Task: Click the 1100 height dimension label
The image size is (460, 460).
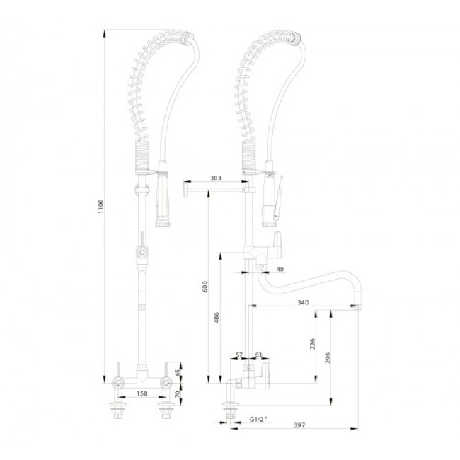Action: (x=101, y=207)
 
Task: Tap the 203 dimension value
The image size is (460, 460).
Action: (x=216, y=178)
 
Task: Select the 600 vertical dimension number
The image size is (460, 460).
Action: (x=205, y=287)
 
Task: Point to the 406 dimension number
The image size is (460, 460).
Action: (x=217, y=318)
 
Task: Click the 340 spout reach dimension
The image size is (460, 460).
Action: (x=303, y=302)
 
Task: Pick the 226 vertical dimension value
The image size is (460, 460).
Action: (x=312, y=344)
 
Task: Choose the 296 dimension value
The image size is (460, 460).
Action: (x=328, y=357)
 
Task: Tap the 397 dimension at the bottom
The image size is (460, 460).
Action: (x=299, y=425)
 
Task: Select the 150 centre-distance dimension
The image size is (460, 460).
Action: (x=142, y=393)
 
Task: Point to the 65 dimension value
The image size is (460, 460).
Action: (x=178, y=373)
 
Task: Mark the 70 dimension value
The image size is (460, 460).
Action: (x=178, y=394)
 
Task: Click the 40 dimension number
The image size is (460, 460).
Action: (x=280, y=269)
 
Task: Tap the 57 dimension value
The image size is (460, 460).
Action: (x=239, y=355)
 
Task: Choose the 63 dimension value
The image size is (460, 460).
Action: (x=258, y=355)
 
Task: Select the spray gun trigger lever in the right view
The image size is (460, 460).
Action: (x=277, y=197)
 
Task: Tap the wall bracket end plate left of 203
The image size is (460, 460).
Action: (x=185, y=189)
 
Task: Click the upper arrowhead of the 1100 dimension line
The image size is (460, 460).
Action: (x=104, y=33)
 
